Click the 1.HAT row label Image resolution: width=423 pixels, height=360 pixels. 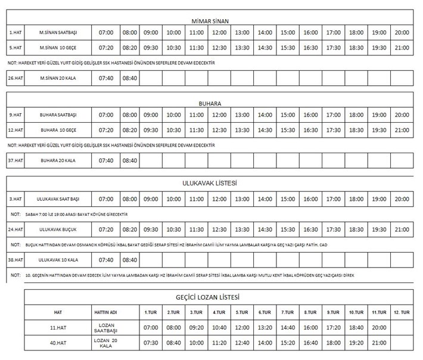tap(16, 32)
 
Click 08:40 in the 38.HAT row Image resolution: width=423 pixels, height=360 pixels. tap(130, 260)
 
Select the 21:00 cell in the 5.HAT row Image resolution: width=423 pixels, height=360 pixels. tap(402, 46)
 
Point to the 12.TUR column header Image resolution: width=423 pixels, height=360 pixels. tap(402, 312)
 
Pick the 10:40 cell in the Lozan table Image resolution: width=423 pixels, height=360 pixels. tap(219, 327)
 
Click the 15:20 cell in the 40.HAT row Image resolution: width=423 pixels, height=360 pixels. tap(288, 343)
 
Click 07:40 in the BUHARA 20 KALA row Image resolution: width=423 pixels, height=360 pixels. tap(106, 160)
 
